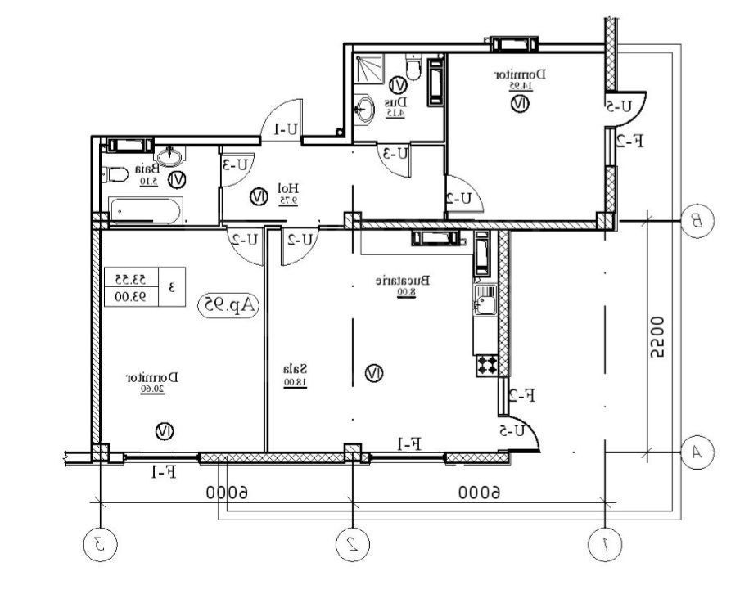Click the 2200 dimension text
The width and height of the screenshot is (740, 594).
point(657,337)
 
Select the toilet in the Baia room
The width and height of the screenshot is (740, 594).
point(115,173)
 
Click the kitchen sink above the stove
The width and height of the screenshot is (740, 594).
point(484,298)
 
